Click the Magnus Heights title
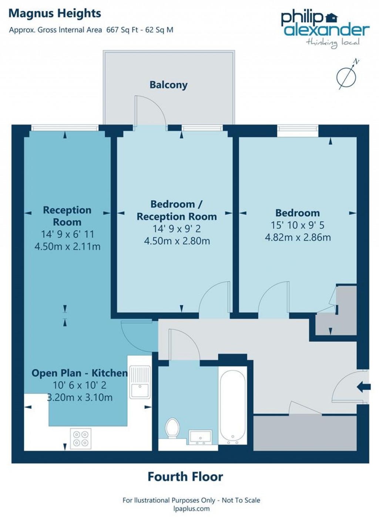(55, 14)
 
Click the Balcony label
(168, 85)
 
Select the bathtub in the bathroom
(232, 405)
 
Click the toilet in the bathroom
(172, 428)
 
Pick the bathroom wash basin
(200, 437)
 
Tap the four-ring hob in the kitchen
(81, 438)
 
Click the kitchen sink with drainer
(140, 382)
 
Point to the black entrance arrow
(363, 387)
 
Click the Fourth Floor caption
(185, 477)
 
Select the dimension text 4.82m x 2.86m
(298, 237)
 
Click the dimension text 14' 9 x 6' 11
(67, 234)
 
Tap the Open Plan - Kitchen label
(79, 373)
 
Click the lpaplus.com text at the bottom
(191, 509)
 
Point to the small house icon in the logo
(332, 17)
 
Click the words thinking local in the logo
(333, 43)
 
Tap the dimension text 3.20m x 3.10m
(80, 398)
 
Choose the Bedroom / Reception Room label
(177, 210)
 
